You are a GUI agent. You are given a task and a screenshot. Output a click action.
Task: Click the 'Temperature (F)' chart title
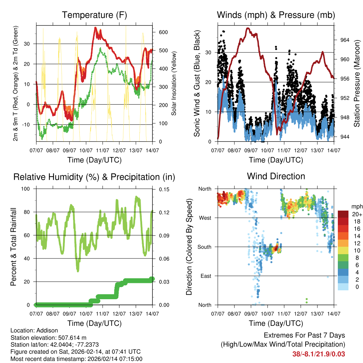pyautogui.click(x=94, y=15)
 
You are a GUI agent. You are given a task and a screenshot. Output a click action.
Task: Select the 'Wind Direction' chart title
pyautogui.click(x=276, y=176)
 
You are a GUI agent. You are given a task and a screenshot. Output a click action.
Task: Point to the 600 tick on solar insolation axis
pyautogui.click(x=163, y=32)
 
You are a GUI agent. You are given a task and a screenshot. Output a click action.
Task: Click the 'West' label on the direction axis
pyautogui.click(x=205, y=218)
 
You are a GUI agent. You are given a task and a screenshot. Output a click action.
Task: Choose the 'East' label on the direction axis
pyautogui.click(x=205, y=276)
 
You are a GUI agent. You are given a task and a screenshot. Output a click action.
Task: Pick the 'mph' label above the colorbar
pyautogui.click(x=356, y=206)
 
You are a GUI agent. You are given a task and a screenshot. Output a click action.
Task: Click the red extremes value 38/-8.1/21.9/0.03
pyautogui.click(x=318, y=354)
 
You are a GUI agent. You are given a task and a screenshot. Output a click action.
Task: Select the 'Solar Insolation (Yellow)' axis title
pyautogui.click(x=174, y=83)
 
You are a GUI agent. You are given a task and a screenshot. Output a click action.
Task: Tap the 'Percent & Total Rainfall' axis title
pyautogui.click(x=13, y=247)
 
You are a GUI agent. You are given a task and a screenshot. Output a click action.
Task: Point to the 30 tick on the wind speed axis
pyautogui.click(x=208, y=52)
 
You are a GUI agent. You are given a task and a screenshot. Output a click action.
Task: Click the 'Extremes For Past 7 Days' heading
pyautogui.click(x=304, y=335)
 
